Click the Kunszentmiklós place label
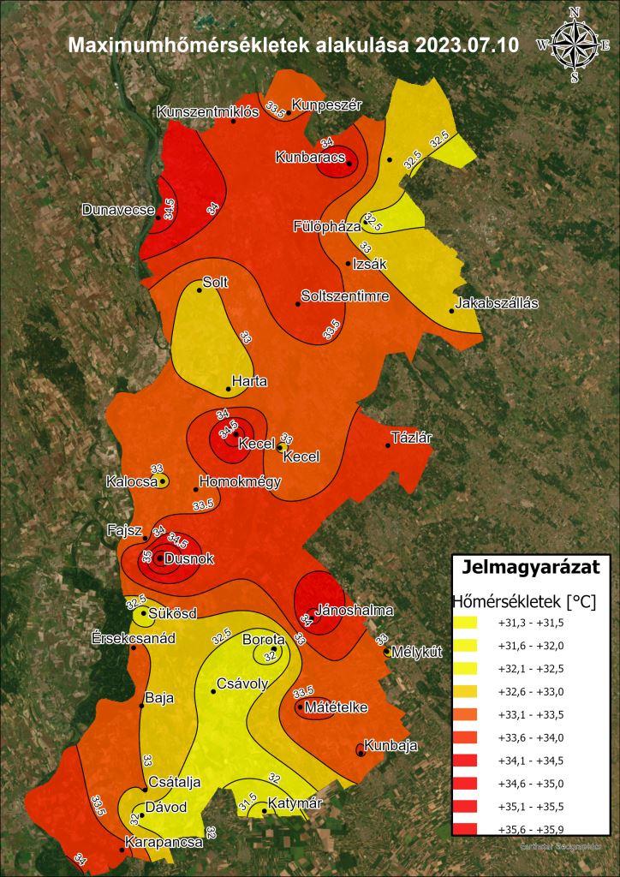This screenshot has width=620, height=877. coord(207,112)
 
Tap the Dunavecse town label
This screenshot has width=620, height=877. coord(118,209)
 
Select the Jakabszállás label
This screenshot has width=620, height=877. coord(497,302)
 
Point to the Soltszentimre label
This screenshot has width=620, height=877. coord(345,296)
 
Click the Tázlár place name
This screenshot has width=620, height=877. coord(412,438)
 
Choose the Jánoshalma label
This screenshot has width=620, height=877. coord(355,611)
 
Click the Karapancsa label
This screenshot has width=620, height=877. coord(164,842)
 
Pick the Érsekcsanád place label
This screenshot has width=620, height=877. coord(134,639)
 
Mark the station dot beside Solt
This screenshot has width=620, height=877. coord(200,290)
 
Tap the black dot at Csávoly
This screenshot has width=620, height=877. coord(213,691)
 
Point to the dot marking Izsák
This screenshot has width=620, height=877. coord(348,264)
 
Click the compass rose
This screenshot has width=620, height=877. coord(573,45)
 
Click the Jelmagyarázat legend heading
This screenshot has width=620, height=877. coord(530,566)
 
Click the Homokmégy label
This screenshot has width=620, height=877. coord(240,481)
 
